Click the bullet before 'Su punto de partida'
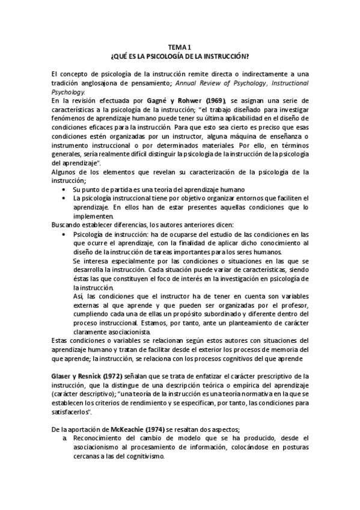click(65, 189)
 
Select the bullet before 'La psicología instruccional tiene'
click(65, 198)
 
